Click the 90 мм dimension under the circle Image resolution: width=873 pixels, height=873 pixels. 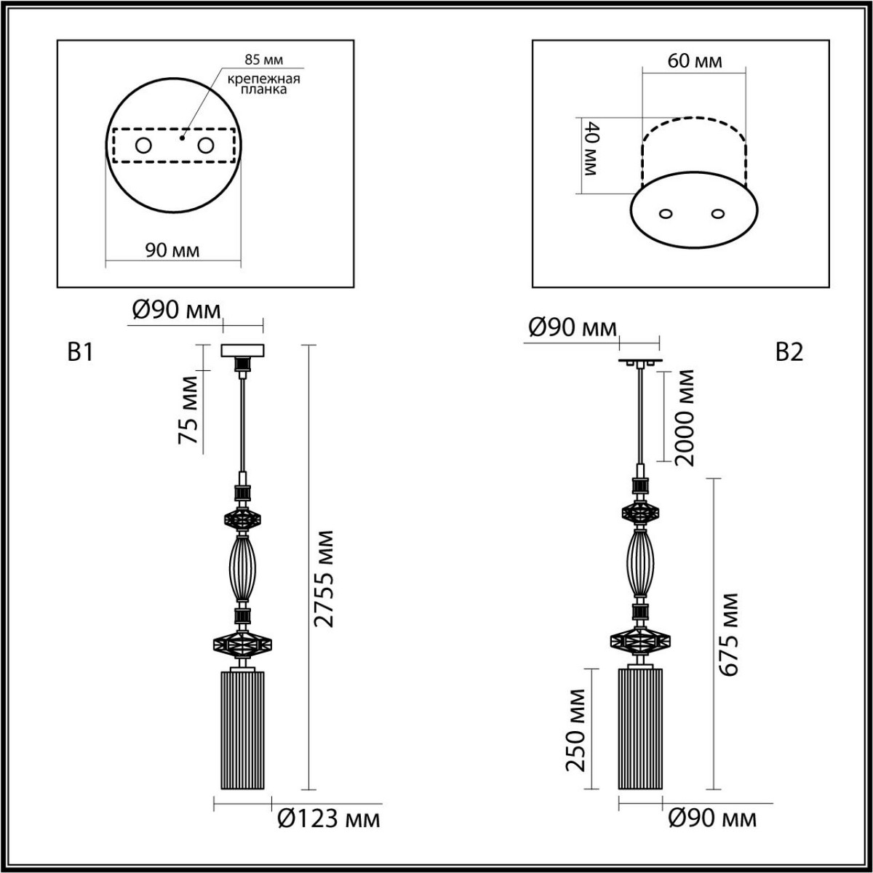click(x=172, y=251)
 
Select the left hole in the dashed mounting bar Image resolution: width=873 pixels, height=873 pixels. click(x=143, y=146)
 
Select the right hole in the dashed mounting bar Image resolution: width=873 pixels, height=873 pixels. click(x=207, y=146)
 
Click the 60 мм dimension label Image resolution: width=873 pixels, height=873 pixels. click(x=695, y=61)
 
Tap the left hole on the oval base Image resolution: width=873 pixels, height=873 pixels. click(x=666, y=214)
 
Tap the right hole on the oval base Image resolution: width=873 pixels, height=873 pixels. click(x=719, y=214)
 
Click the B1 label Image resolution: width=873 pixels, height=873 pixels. click(x=80, y=353)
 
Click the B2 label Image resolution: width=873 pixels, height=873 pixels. click(x=789, y=353)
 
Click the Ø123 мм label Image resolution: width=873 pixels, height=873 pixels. click(x=329, y=820)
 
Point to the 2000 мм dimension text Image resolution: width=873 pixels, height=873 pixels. click(x=685, y=417)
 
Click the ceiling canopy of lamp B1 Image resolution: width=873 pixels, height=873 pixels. click(x=243, y=350)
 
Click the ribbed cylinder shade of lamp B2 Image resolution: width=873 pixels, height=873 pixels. click(x=640, y=728)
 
